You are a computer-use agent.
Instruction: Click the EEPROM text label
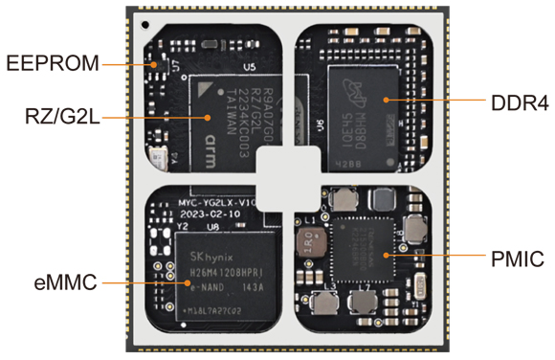[x=51, y=64]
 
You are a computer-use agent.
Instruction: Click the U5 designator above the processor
[x=250, y=68]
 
